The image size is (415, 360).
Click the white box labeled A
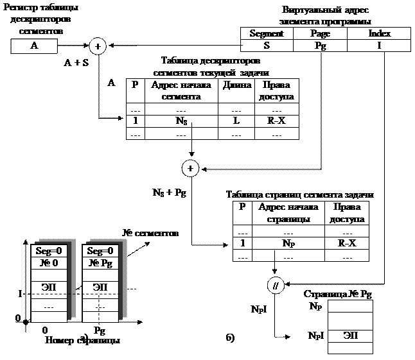click(x=34, y=46)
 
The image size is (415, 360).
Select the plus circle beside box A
click(x=98, y=46)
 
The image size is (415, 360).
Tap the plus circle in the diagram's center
click(x=190, y=168)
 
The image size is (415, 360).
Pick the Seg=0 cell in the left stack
click(x=49, y=251)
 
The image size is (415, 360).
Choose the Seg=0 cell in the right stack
click(x=100, y=251)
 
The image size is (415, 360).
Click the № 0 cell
click(x=49, y=262)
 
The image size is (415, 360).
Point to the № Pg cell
click(x=100, y=262)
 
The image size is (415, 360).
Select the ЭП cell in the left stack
click(x=49, y=287)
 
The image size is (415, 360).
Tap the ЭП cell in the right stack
click(x=100, y=287)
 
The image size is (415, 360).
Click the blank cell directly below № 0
click(x=49, y=275)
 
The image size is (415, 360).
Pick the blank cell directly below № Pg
click(x=100, y=275)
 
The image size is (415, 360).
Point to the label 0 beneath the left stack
click(x=44, y=331)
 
